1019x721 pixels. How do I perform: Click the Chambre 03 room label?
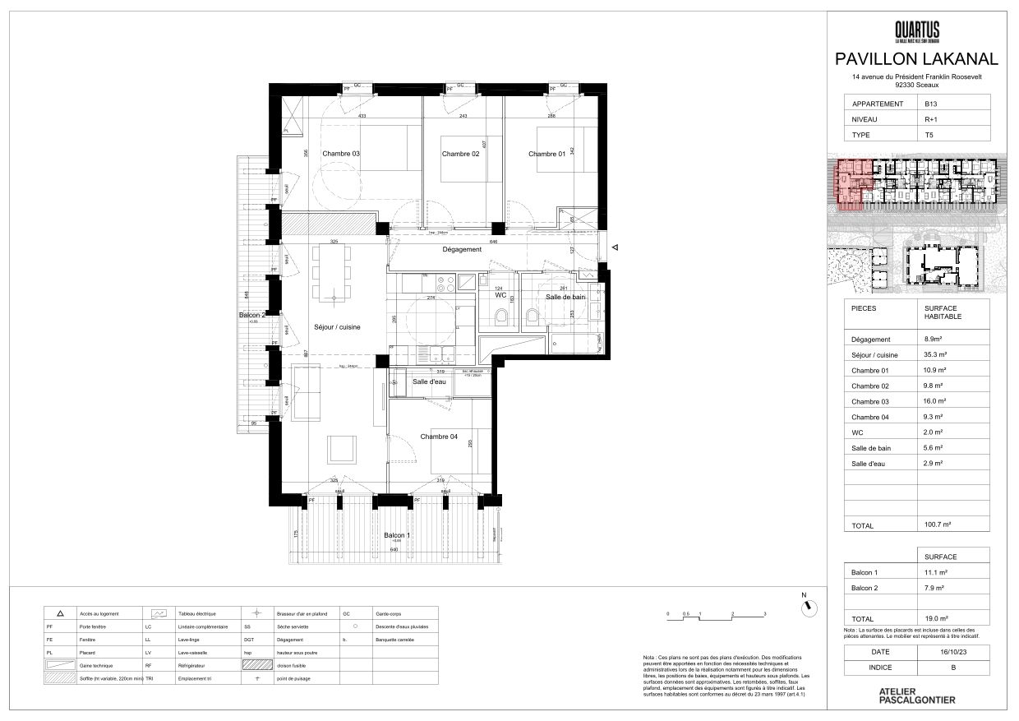340,154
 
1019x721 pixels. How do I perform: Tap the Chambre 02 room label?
460,154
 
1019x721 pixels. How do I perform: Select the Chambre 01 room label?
546,154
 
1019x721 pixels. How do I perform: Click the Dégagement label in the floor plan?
461,250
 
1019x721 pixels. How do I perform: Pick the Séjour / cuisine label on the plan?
337,327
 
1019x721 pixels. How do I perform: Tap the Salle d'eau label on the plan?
431,382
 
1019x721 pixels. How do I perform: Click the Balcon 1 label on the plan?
397,535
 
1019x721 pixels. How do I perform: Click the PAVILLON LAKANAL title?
916,59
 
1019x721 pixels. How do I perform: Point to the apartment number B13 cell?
931,104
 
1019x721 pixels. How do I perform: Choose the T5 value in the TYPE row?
929,134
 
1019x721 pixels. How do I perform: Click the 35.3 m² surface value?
935,354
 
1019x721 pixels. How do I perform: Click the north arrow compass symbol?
809,607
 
